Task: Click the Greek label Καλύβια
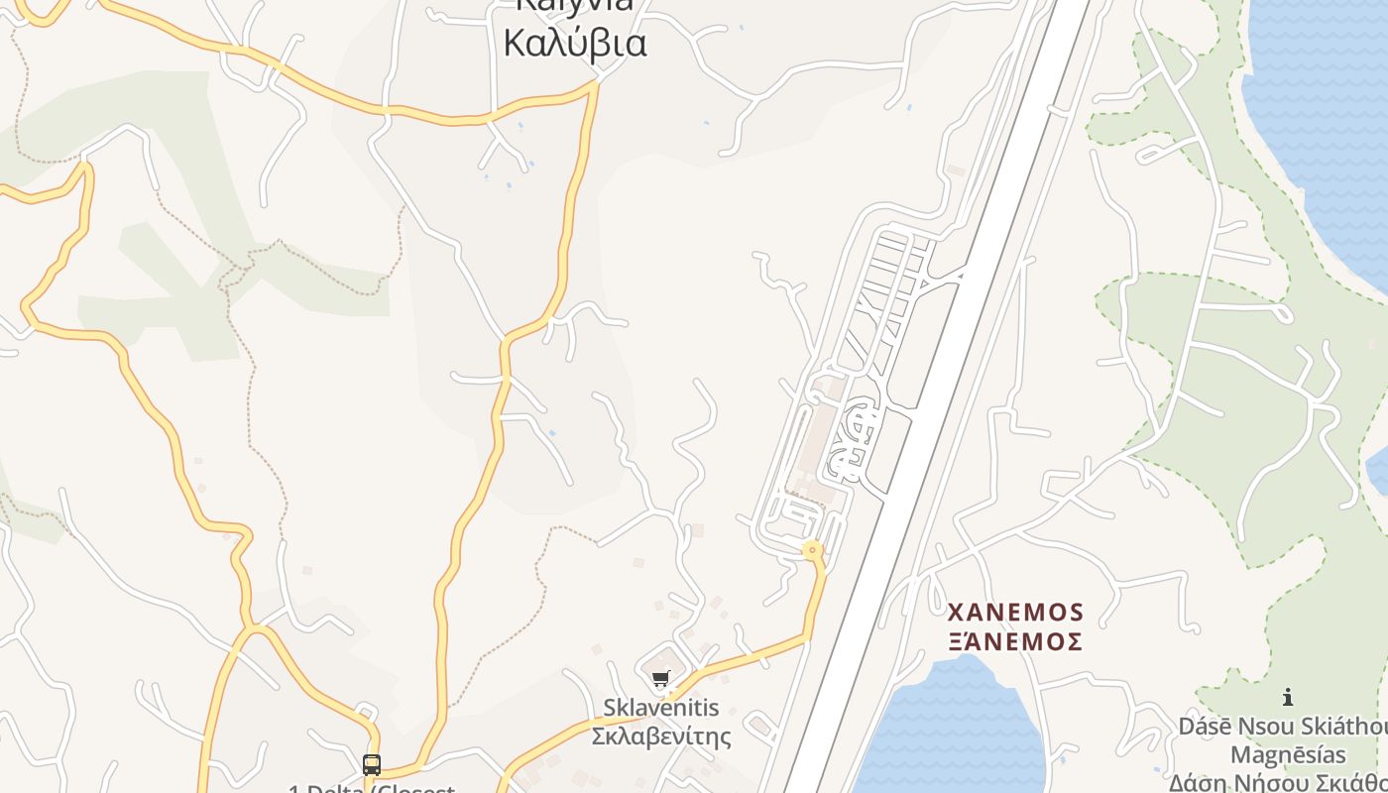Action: (x=575, y=44)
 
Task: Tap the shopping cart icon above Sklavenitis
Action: (x=660, y=679)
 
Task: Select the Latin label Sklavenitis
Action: (x=661, y=708)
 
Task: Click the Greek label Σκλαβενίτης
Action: (x=661, y=736)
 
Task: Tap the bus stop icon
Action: (x=372, y=765)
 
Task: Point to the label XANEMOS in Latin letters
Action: (x=1015, y=612)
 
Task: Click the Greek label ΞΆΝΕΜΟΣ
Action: (x=1015, y=641)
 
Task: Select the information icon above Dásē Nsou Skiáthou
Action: (x=1288, y=697)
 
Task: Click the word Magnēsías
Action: (x=1288, y=755)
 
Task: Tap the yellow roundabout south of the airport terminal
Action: (x=813, y=550)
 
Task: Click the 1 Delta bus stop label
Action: (x=372, y=788)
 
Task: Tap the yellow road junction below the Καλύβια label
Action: (x=595, y=86)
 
